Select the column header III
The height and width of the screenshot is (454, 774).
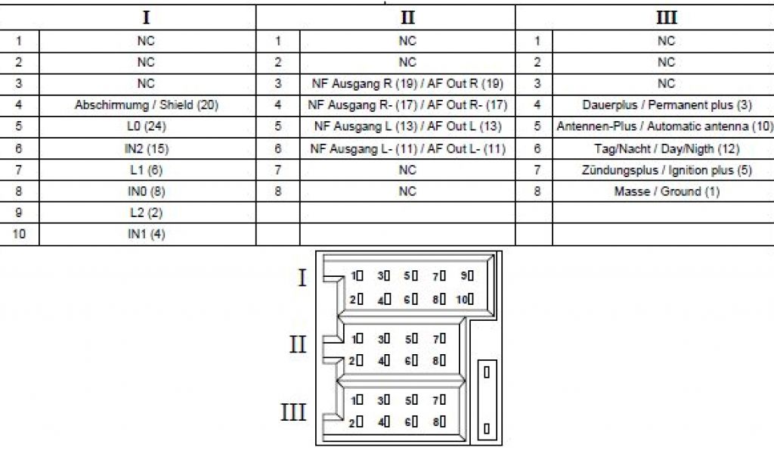click(x=666, y=17)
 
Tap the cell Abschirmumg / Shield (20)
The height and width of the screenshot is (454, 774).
click(x=146, y=105)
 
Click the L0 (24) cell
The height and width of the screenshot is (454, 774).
click(x=146, y=126)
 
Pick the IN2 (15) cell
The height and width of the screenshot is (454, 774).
click(x=146, y=148)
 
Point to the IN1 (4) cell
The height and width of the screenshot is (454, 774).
click(x=146, y=235)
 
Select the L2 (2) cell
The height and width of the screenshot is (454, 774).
click(x=146, y=213)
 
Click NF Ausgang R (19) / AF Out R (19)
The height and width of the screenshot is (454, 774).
click(x=407, y=83)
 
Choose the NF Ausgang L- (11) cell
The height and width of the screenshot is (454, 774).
click(x=407, y=148)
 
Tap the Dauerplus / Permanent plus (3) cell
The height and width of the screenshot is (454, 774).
click(x=666, y=105)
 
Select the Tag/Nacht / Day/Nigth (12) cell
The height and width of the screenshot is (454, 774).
click(x=666, y=148)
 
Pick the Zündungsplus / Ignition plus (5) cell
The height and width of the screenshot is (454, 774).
click(x=666, y=169)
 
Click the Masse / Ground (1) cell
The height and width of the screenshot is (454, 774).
click(x=666, y=191)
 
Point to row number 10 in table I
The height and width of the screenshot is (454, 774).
click(x=19, y=235)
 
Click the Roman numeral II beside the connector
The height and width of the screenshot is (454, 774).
click(x=298, y=345)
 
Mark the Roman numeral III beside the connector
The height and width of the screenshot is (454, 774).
click(x=293, y=412)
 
